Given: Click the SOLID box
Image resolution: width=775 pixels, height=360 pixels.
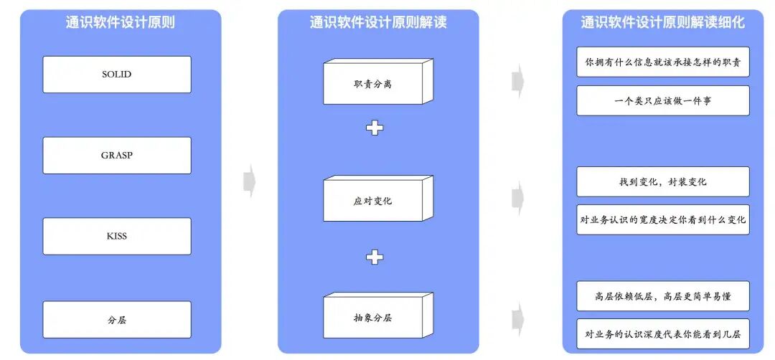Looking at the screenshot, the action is click(117, 75).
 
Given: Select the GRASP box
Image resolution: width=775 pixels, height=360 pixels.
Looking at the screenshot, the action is click(117, 155).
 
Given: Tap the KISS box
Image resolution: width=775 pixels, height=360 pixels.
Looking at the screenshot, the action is click(117, 236).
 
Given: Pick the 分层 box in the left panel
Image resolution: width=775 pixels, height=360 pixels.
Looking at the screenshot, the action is click(117, 320).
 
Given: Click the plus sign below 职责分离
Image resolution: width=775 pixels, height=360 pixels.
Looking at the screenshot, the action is click(375, 128).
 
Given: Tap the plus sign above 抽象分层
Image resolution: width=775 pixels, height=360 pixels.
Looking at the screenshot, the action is click(375, 257).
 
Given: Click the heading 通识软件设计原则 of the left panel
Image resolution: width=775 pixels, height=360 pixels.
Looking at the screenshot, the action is click(121, 22).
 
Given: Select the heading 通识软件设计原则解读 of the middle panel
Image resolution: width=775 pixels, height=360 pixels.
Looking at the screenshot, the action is click(378, 22).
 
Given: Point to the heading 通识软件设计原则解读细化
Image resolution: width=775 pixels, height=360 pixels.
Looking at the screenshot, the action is click(662, 22).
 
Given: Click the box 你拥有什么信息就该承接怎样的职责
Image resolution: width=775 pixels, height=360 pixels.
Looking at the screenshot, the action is click(662, 62).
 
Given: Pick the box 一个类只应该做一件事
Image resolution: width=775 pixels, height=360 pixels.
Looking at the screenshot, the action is click(662, 101).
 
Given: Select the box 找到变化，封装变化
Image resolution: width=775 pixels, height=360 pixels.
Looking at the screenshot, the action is click(662, 182).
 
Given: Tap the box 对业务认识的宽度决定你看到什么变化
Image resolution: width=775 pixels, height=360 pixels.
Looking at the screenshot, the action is click(662, 219).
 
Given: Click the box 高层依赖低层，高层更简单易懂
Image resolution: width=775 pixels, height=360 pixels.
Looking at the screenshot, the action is click(662, 296).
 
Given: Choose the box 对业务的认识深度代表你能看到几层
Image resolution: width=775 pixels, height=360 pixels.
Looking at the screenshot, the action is click(662, 333).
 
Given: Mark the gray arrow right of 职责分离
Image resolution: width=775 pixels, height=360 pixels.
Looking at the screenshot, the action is click(517, 81).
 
